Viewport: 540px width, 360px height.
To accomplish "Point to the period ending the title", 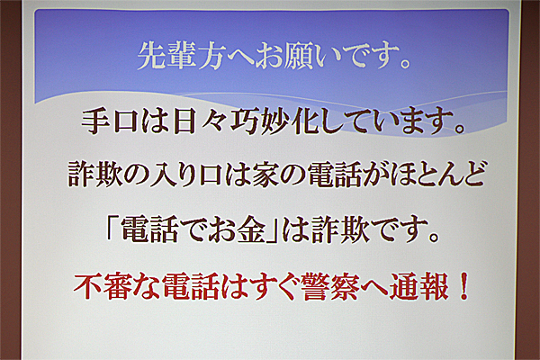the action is (405, 64).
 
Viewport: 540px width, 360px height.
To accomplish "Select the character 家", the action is (265, 175).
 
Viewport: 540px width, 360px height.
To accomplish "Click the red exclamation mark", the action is (463, 286).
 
